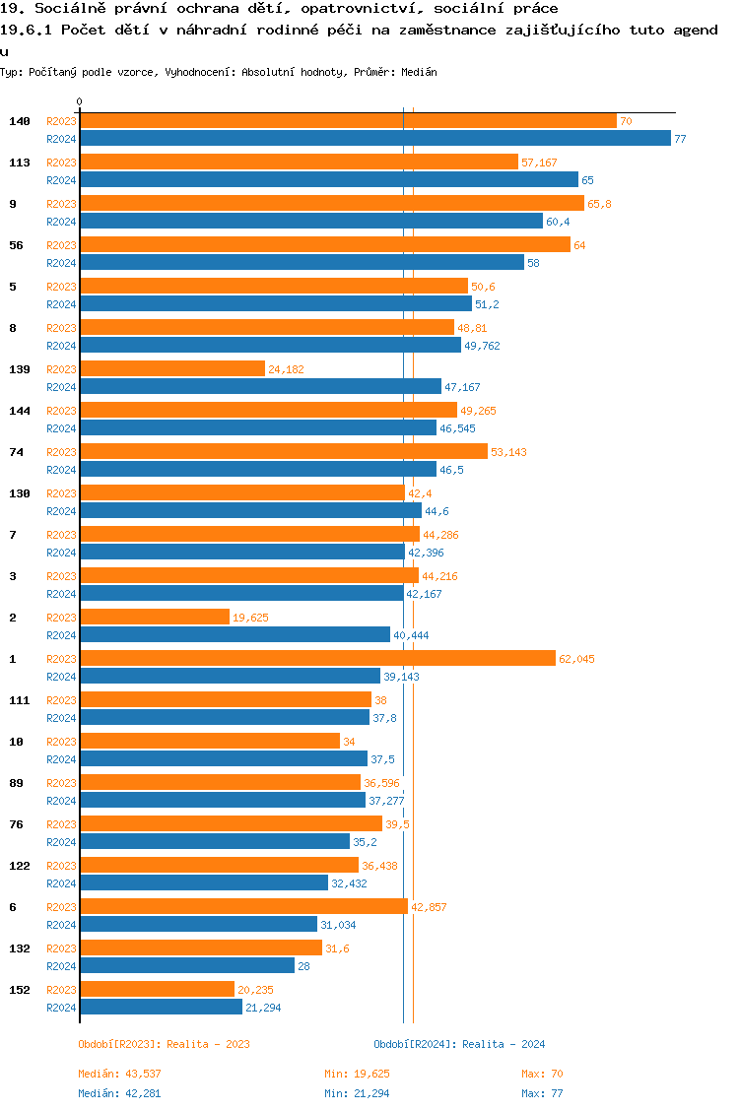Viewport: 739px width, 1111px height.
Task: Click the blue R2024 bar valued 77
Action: tap(374, 139)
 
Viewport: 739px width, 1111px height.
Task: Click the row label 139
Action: tap(20, 369)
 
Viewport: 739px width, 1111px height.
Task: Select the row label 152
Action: tap(20, 990)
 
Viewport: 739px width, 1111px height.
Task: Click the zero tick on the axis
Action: tap(80, 102)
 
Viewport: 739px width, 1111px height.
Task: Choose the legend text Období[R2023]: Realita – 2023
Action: tap(164, 1044)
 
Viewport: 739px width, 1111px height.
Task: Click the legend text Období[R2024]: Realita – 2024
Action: tap(459, 1044)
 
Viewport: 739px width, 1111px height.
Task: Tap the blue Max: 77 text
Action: tap(542, 1093)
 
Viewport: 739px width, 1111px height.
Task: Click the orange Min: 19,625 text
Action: tap(357, 1074)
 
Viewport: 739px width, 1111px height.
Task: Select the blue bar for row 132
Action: tap(187, 966)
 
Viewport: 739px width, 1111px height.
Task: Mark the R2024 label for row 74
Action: tap(61, 470)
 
